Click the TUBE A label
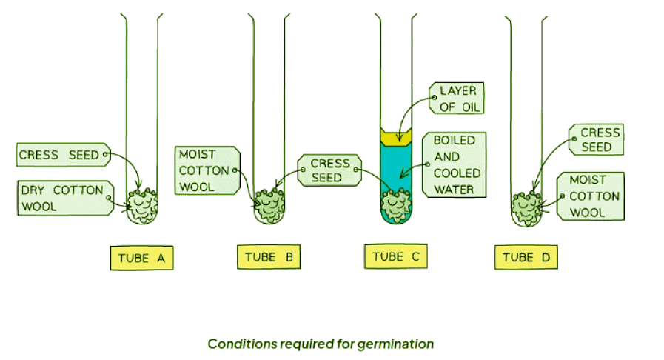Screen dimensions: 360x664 141,259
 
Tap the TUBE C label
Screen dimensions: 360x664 396,257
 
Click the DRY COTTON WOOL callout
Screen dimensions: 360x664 63,198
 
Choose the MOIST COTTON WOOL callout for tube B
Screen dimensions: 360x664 206,171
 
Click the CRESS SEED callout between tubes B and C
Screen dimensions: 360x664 329,171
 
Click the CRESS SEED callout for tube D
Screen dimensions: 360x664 596,140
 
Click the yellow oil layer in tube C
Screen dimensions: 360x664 398,136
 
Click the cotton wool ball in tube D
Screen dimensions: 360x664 529,203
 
